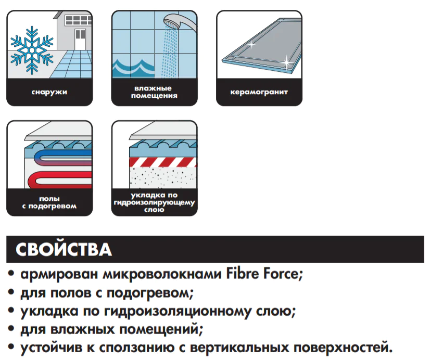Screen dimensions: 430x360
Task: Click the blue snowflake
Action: coord(32,50)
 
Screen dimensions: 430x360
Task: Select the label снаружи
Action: coord(49,92)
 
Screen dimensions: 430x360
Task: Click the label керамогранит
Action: coord(259,92)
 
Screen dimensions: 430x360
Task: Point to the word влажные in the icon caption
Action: coord(153,88)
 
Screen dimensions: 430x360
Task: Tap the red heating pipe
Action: coord(62,179)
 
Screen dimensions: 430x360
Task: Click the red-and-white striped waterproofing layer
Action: coord(163,162)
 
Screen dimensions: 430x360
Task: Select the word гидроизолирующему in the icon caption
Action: coord(154,203)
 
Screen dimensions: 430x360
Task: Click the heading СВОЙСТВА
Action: coord(64,249)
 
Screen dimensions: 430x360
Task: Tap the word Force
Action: coord(283,274)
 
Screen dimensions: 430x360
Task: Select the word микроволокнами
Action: coord(162,275)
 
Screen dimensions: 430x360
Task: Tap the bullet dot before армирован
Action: coord(11,274)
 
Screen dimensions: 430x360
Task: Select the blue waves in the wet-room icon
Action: coord(133,67)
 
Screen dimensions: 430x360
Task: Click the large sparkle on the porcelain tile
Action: coord(286,62)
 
